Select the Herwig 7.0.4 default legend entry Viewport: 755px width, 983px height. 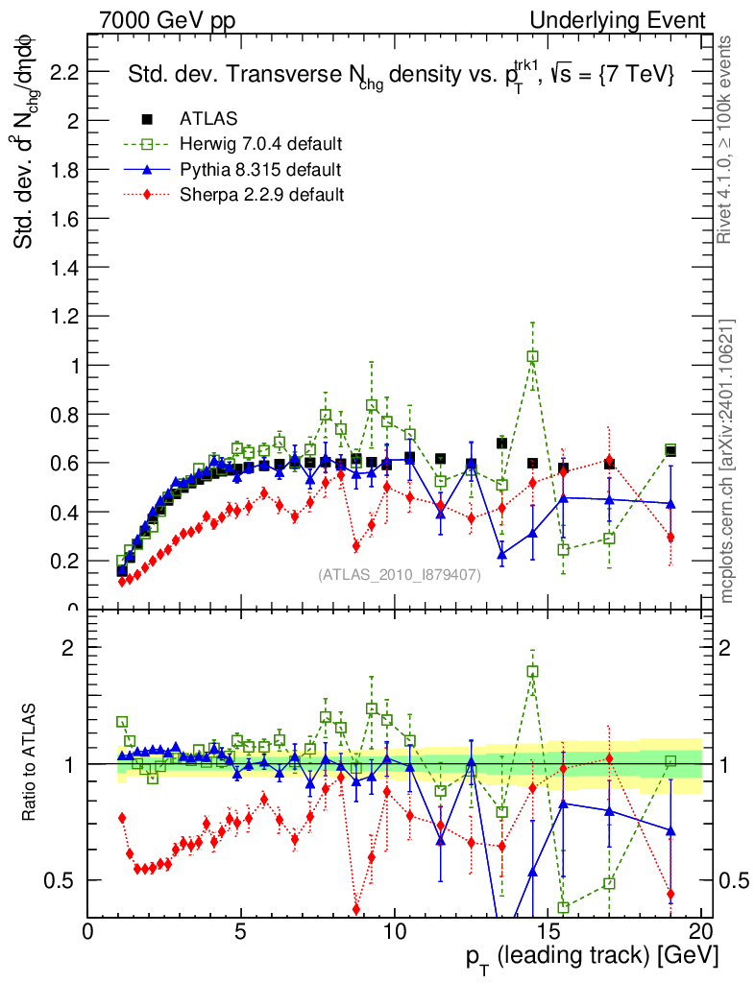coord(260,145)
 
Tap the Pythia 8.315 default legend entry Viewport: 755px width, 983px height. coord(259,170)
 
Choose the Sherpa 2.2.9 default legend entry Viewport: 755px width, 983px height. coord(261,195)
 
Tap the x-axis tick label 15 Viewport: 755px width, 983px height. coord(548,932)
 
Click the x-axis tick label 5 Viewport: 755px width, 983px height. coord(241,932)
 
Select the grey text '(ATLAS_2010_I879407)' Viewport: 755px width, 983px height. coord(400,576)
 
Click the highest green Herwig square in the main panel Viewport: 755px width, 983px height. coord(532,356)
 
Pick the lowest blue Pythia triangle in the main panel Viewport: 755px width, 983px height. coord(501,554)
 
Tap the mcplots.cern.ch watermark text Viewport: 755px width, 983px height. coord(727,461)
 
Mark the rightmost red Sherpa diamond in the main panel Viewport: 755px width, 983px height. coord(670,537)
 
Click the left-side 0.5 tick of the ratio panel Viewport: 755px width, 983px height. coord(65,880)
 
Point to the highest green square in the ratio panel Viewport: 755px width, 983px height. coord(532,671)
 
